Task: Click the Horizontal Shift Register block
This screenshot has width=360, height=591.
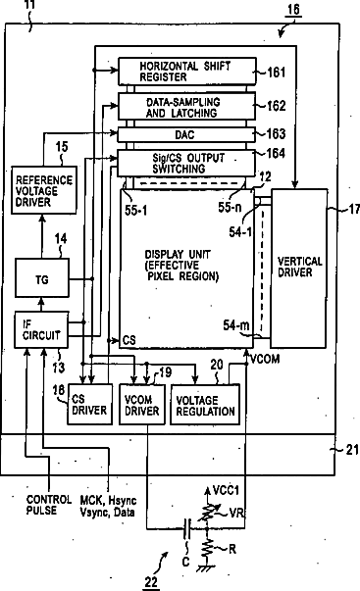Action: (x=187, y=72)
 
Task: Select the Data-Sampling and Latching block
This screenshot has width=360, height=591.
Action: (x=186, y=107)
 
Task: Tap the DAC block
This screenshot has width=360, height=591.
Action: (x=186, y=134)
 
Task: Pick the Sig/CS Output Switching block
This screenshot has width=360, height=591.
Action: (x=186, y=163)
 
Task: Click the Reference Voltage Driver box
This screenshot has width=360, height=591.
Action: (x=44, y=190)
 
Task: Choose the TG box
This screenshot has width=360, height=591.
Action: (x=42, y=278)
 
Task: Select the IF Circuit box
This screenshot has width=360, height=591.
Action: (x=41, y=329)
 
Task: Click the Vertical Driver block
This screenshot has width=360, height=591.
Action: (x=299, y=268)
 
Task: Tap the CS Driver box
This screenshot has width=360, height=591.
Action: (x=90, y=405)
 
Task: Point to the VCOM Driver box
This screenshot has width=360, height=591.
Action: (x=142, y=405)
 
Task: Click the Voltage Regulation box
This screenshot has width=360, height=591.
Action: (x=205, y=405)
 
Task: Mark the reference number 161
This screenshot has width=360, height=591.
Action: (x=277, y=72)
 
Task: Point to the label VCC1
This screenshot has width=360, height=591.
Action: (x=226, y=490)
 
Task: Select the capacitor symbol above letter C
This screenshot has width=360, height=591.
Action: (x=187, y=529)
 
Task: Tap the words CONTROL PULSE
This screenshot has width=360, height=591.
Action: (x=49, y=505)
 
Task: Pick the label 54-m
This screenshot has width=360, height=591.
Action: (x=235, y=324)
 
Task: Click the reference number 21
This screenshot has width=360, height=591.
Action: (x=352, y=450)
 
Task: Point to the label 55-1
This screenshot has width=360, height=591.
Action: (x=135, y=211)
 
